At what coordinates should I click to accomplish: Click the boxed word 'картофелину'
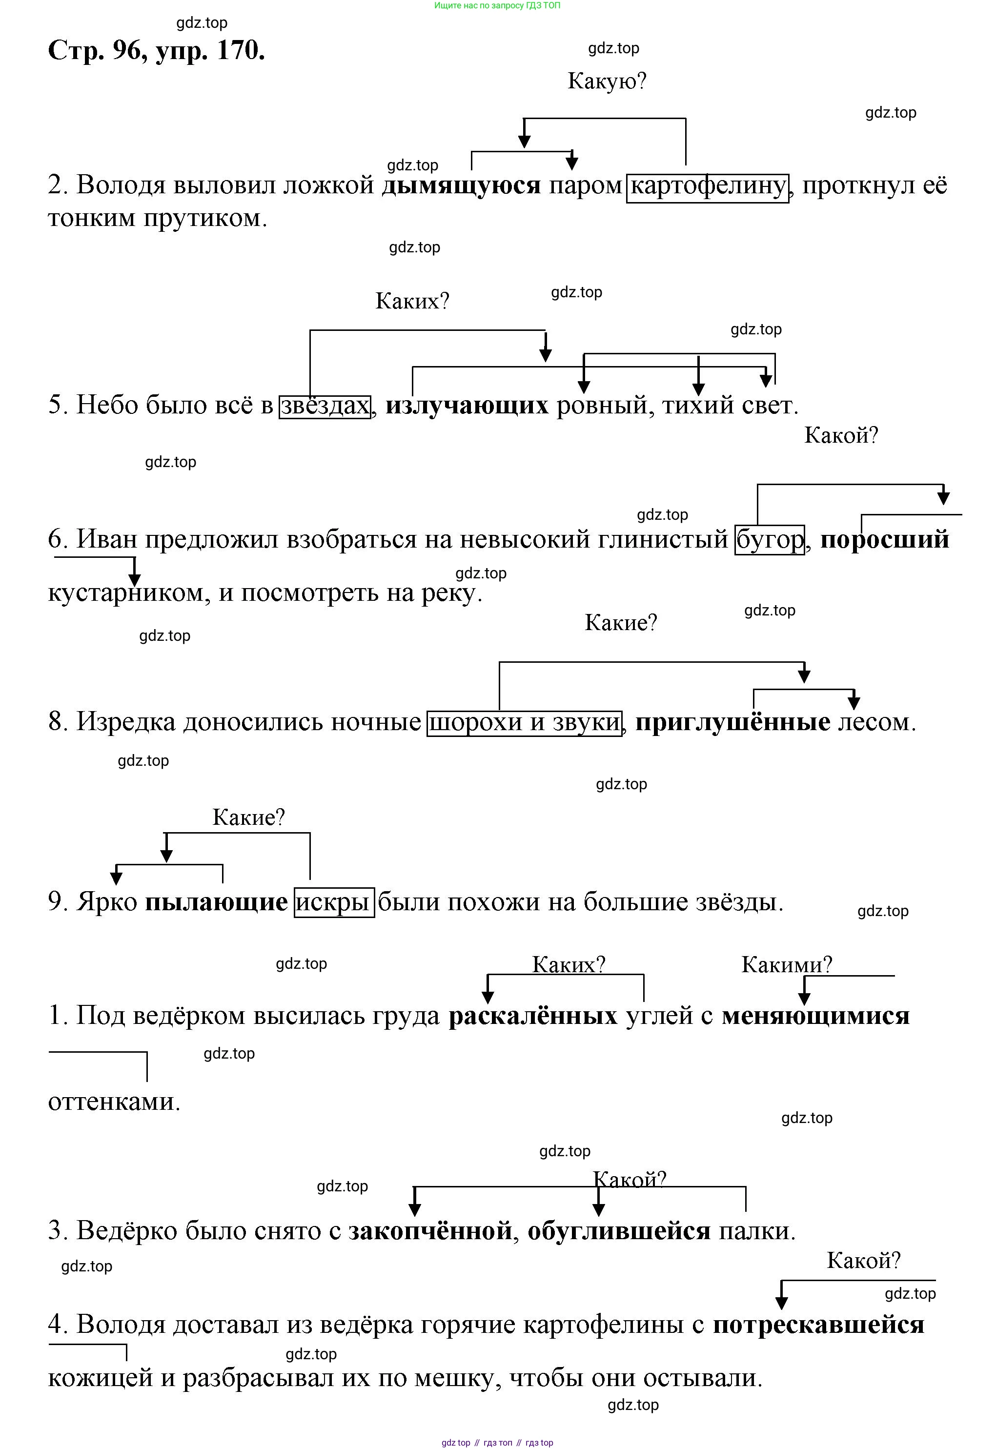tap(707, 186)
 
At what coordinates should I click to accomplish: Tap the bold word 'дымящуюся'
tap(461, 185)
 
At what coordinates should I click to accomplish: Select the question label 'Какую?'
tap(607, 81)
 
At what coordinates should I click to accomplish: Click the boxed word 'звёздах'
tap(325, 406)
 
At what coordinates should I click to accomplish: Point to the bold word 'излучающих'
tap(467, 406)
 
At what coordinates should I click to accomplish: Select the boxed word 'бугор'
tap(770, 540)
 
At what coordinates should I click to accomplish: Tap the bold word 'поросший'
tap(884, 540)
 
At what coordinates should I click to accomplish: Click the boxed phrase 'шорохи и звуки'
tap(524, 723)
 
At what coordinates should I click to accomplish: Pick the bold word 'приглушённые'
tap(732, 723)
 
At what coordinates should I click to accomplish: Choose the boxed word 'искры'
tap(334, 902)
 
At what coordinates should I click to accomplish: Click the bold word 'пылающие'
tap(216, 902)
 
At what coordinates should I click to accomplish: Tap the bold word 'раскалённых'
tap(533, 1016)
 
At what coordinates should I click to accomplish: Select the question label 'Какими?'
tap(786, 965)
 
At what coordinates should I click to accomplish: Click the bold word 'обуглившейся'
tap(619, 1231)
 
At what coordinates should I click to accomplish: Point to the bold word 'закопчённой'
tap(430, 1231)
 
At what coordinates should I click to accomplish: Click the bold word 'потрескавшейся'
tap(818, 1325)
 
